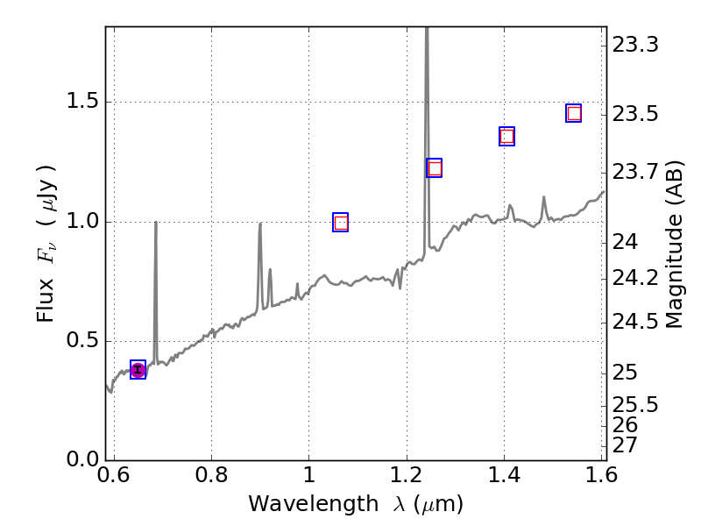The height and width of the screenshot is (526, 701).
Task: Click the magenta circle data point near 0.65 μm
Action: [x=138, y=370]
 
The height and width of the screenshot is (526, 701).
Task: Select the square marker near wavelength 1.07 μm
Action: [x=341, y=223]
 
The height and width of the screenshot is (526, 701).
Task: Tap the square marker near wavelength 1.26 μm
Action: [x=434, y=168]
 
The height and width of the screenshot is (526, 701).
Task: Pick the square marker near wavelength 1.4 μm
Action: [x=506, y=136]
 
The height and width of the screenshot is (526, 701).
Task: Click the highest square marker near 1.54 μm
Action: [x=574, y=113]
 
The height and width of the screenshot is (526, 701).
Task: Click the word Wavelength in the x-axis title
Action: [x=298, y=504]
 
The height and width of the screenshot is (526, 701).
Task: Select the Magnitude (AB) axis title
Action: [x=675, y=245]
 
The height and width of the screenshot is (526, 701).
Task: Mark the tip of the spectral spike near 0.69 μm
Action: [x=156, y=222]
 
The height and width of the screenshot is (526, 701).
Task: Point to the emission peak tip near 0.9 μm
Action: [x=260, y=224]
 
